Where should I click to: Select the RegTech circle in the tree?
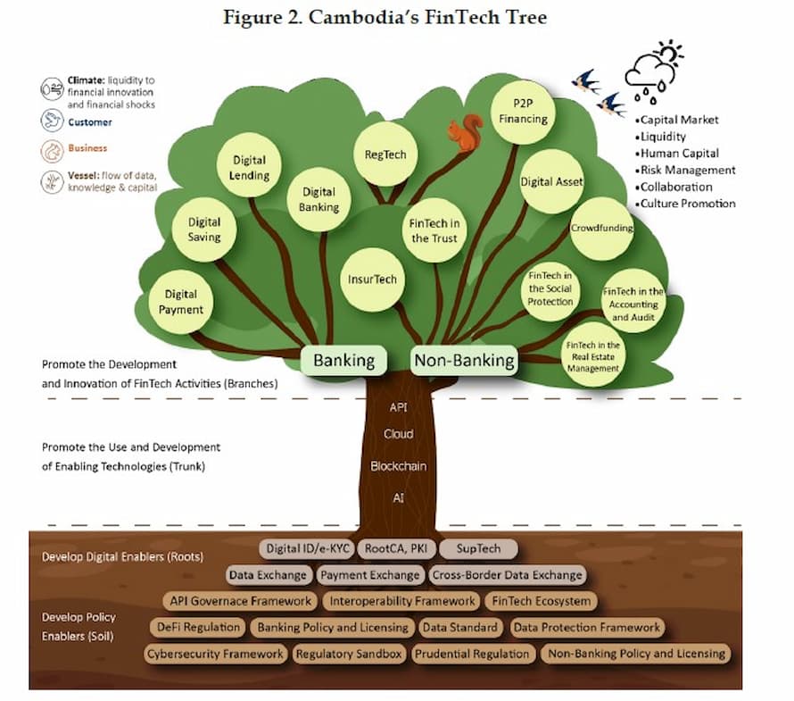(385, 154)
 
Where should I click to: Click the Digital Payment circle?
(181, 302)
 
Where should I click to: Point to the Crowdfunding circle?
(601, 228)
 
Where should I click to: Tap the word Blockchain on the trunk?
(399, 466)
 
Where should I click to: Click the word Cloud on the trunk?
(399, 434)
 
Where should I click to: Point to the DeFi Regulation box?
(197, 627)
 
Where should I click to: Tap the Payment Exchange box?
(370, 575)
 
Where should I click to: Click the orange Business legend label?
(87, 148)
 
